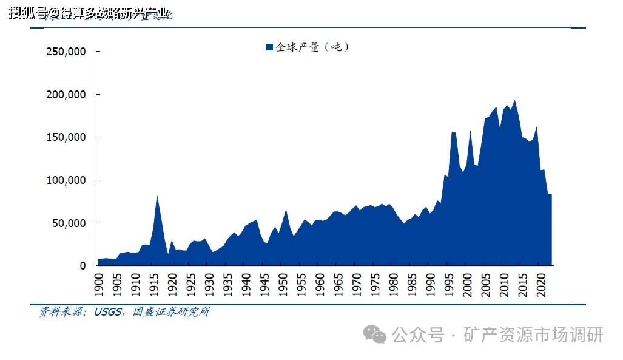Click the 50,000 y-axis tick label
pos(69,223)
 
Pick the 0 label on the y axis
pos(83,266)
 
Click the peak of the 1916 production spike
pos(157,195)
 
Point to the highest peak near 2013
pos(514,100)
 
